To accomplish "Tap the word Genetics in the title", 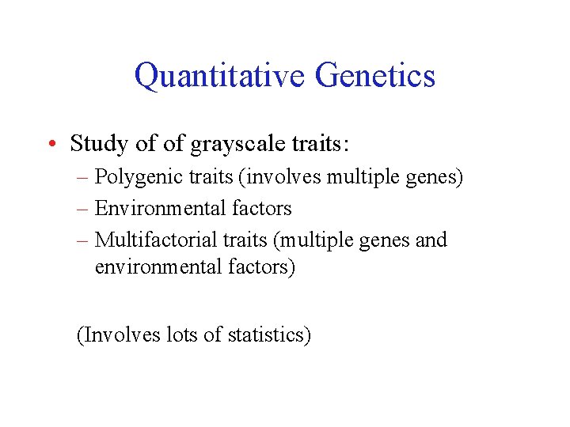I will tap(374, 76).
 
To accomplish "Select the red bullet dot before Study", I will tap(51, 145).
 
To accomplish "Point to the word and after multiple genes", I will tap(431, 240).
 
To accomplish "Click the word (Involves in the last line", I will tap(118, 334).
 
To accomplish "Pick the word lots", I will tap(183, 334).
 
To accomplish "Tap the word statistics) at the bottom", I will tap(269, 334).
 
